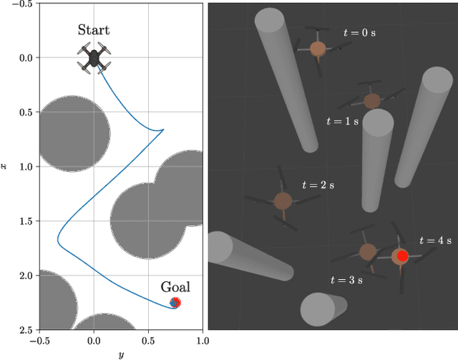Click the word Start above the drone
[x=94, y=30]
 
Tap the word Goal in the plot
[x=175, y=287]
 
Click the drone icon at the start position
[x=94, y=59]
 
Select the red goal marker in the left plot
[x=175, y=303]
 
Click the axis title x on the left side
[x=6, y=167]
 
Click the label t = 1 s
[x=343, y=122]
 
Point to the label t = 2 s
[x=318, y=185]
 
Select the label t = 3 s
[x=346, y=280]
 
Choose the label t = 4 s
[x=435, y=241]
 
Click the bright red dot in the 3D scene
[x=402, y=256]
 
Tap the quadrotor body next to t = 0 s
[x=318, y=49]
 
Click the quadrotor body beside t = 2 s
[x=283, y=201]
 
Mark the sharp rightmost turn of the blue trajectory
[x=163, y=130]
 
